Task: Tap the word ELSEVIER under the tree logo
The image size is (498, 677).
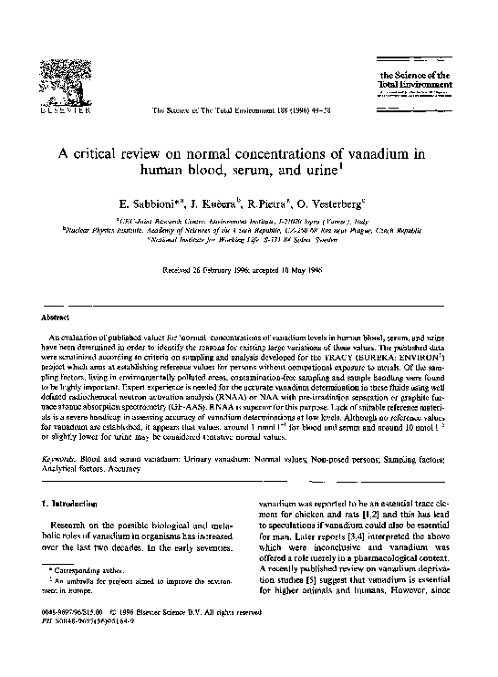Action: click(65, 120)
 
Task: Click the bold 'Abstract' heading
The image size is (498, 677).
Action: click(58, 318)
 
